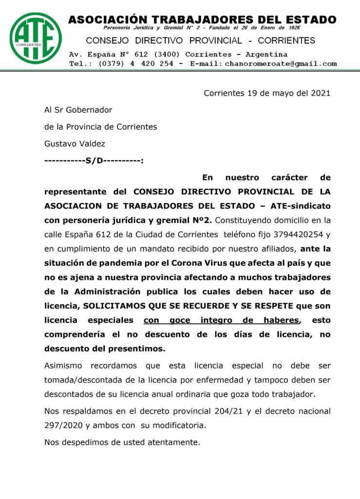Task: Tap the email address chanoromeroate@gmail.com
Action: (281, 64)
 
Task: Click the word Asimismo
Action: (63, 365)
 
